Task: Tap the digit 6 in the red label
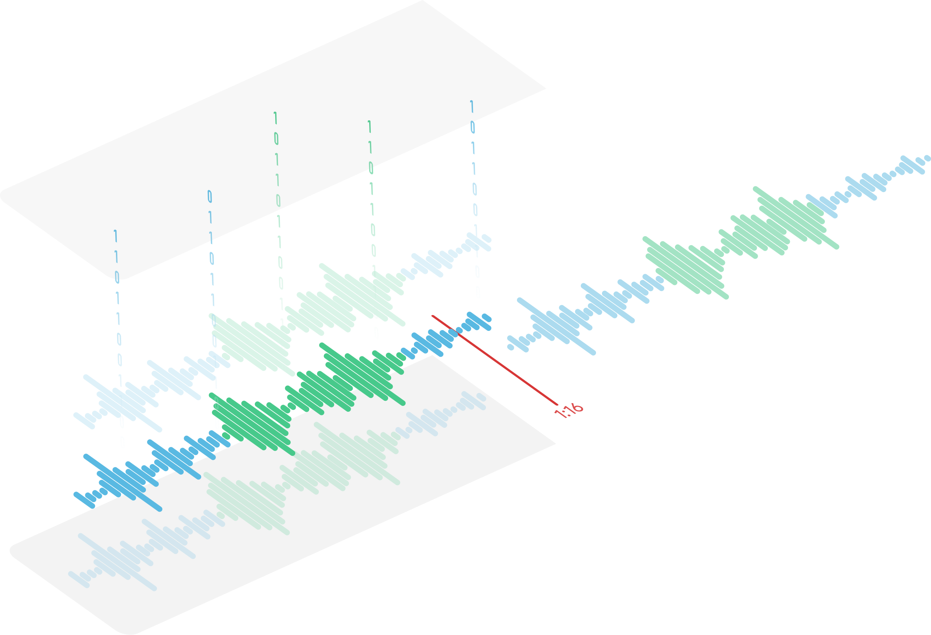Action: click(x=578, y=407)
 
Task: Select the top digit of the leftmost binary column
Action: click(x=116, y=236)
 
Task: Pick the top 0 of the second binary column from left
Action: click(x=210, y=196)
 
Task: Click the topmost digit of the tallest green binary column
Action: click(x=276, y=118)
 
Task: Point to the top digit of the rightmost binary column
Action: click(x=472, y=106)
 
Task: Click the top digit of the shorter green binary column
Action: click(x=369, y=127)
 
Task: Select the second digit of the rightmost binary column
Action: click(x=473, y=127)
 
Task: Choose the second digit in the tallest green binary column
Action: click(x=276, y=139)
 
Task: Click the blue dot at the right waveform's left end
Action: click(x=511, y=347)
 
